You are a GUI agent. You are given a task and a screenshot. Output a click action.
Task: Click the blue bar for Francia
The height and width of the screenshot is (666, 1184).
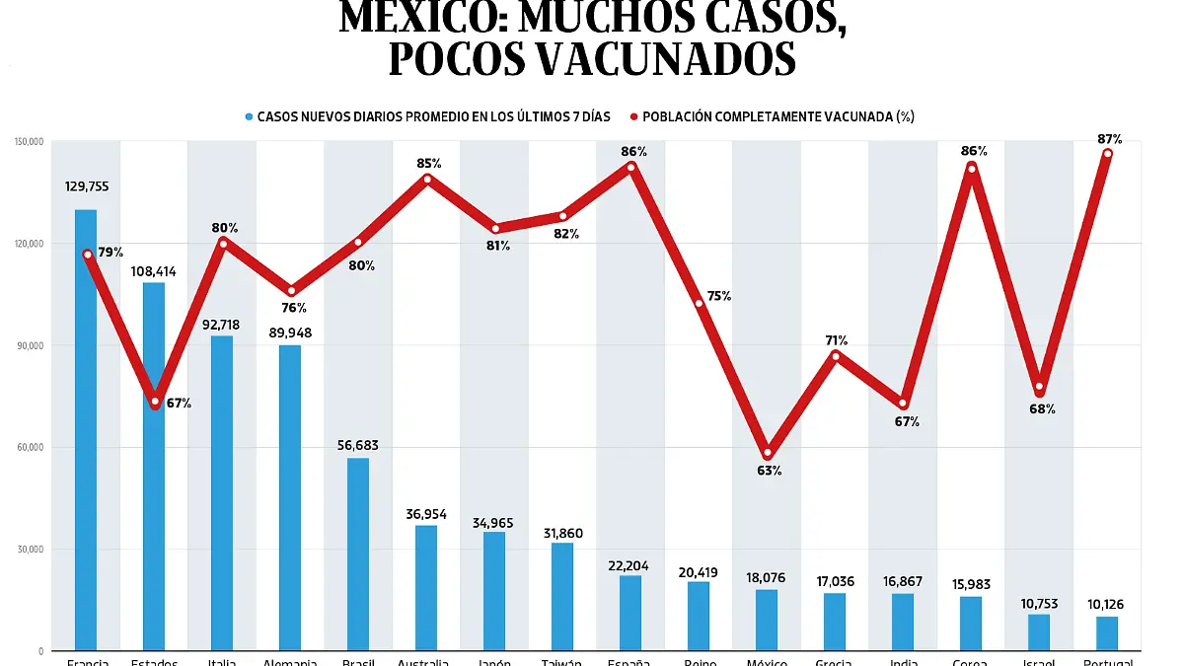(86, 430)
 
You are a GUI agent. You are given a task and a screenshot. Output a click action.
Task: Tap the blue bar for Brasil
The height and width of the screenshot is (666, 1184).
(357, 554)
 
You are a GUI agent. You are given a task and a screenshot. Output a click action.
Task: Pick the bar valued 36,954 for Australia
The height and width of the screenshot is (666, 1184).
(425, 587)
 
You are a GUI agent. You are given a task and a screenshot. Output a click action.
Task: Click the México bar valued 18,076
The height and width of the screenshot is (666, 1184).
(767, 620)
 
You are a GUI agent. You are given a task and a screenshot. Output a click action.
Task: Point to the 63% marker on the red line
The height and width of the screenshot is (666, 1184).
(768, 453)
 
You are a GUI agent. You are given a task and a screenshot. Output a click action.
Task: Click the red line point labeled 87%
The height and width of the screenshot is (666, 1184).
(1108, 154)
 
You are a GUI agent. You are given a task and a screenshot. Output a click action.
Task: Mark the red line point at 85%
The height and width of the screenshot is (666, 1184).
(427, 179)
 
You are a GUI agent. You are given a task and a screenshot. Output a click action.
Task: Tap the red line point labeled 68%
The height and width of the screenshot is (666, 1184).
(1040, 387)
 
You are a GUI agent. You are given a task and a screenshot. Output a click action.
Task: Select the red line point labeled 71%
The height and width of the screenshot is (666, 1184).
(836, 356)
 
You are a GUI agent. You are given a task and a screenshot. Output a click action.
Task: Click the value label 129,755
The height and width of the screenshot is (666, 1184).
(86, 185)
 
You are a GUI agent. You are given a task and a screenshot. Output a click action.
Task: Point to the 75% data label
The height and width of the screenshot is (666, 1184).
(719, 296)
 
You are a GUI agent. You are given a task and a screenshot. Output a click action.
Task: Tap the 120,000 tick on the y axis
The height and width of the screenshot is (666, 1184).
(30, 244)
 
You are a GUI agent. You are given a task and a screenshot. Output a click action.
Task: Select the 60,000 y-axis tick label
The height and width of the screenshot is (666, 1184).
(30, 448)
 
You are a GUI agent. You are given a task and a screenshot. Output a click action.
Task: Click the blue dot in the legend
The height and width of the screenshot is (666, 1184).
(249, 117)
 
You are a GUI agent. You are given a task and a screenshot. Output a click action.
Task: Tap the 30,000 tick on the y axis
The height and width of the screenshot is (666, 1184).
(30, 550)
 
